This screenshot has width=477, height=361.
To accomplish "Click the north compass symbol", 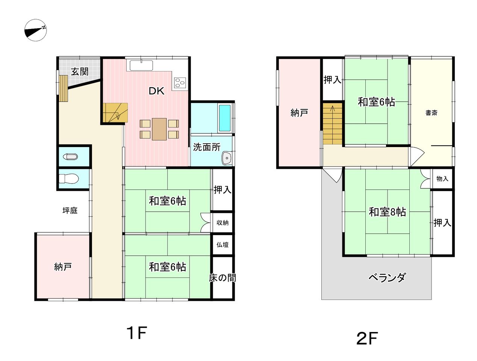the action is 35,30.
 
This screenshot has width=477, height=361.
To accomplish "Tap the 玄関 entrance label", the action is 80,71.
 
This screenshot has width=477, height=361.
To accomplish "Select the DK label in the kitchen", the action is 156,91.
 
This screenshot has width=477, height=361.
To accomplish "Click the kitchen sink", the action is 141,65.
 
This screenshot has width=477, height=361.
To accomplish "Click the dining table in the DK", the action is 159,129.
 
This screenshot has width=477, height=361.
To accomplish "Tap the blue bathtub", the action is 224,118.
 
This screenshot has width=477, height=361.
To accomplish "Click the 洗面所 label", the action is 206,147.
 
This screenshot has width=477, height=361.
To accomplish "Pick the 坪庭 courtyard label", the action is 70,210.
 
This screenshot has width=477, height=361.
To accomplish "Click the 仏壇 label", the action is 222,245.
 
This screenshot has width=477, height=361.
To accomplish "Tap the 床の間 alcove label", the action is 223,278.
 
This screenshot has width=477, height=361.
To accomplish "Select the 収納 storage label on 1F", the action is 222,223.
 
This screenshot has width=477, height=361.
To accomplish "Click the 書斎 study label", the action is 431,113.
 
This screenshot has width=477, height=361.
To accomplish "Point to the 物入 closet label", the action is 442,179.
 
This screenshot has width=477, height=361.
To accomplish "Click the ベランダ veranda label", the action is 387,278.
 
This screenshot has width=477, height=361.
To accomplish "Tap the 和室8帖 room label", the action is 387,212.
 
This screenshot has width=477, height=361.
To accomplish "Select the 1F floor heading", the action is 137,333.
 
